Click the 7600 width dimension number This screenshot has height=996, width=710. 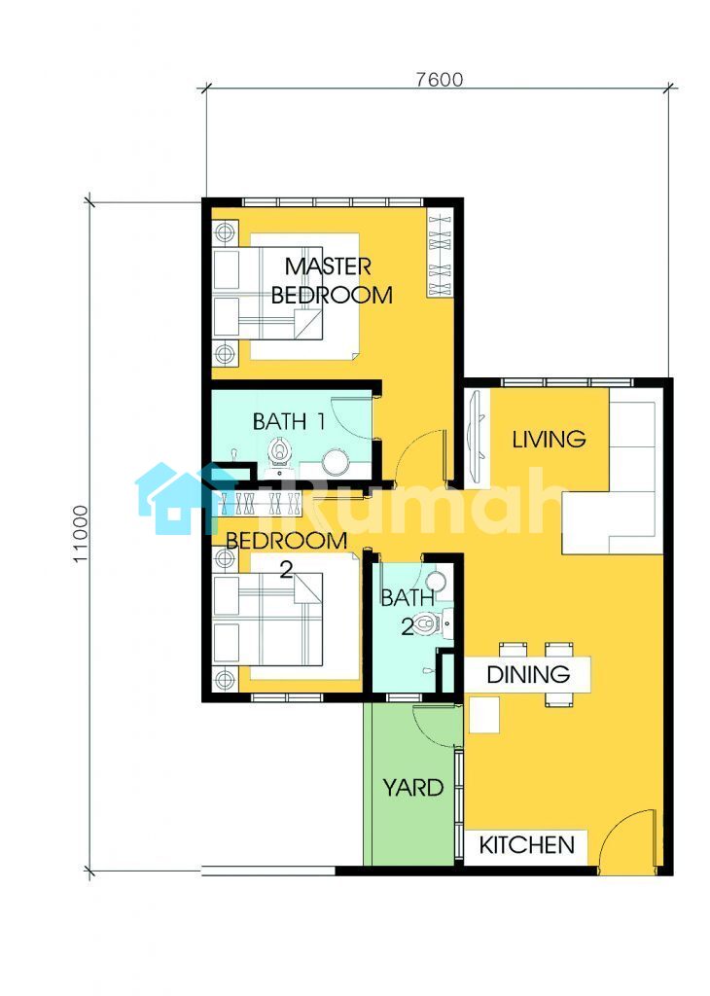coord(440,80)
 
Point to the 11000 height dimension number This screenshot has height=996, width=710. coord(81,534)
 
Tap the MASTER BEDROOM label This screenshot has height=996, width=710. coord(331,280)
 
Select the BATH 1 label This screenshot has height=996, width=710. coord(289,421)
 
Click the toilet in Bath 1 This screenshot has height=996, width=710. coord(279,452)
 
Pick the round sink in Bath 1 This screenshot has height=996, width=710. coord(336,462)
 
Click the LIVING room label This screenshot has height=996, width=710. coord(549,439)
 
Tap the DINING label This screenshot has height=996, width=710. coord(528,674)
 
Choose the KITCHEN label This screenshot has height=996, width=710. coord(526,845)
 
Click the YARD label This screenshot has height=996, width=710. coord(412,788)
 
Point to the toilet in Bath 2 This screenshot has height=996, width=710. coord(427,623)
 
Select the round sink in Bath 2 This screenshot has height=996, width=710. coord(436,581)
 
